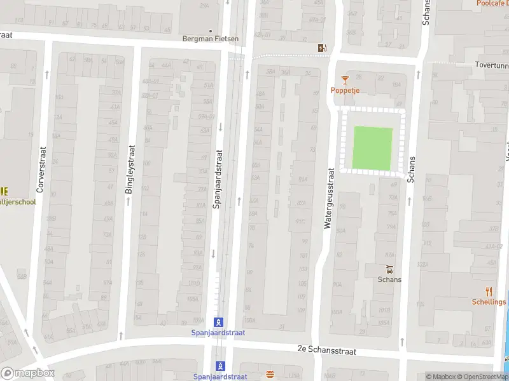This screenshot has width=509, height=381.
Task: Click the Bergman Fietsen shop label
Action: [211, 39]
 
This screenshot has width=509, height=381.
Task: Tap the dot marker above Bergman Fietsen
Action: [211, 30]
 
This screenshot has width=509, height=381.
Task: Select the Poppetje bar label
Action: [345, 90]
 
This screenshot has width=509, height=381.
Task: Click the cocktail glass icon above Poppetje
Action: [345, 79]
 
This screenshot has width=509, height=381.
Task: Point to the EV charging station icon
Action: [323, 48]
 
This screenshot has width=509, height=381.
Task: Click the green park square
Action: [373, 149]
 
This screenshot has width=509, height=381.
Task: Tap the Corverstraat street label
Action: [41, 170]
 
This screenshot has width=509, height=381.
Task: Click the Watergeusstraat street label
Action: [330, 197]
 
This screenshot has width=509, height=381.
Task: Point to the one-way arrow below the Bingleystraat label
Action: [128, 201]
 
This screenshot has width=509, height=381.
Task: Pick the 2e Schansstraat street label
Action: [326, 349]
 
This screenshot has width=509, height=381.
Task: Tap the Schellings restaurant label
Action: [489, 302]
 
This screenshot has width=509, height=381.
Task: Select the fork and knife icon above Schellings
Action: [489, 291]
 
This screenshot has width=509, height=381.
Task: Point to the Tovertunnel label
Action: [492, 65]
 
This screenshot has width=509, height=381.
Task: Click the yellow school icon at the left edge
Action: [4, 191]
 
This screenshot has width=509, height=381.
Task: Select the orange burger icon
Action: [270, 375]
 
